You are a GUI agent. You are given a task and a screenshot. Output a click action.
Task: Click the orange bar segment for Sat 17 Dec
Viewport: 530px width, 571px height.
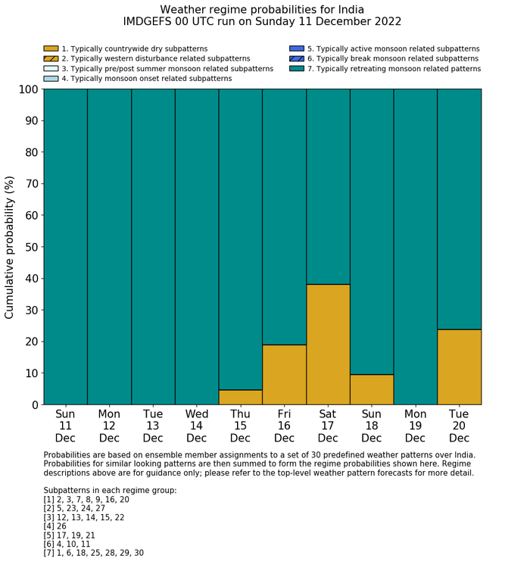[x=328, y=345]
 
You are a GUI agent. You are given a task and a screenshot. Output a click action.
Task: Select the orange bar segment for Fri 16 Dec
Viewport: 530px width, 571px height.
[x=284, y=375]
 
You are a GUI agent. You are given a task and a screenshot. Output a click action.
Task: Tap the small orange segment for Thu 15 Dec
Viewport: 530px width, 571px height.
[x=240, y=398]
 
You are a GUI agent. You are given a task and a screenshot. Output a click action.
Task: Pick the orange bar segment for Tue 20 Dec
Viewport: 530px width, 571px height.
[x=459, y=367]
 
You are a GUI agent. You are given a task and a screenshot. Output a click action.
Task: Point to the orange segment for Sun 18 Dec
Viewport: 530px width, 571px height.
[x=372, y=390]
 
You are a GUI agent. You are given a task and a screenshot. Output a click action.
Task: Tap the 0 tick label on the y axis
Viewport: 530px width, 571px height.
[x=34, y=405]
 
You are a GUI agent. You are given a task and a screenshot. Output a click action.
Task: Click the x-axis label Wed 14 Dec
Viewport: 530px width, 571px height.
[x=197, y=426]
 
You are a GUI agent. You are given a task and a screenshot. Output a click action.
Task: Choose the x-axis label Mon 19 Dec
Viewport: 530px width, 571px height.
[x=415, y=426]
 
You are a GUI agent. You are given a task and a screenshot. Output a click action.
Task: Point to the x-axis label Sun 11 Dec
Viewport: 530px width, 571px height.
[x=65, y=426]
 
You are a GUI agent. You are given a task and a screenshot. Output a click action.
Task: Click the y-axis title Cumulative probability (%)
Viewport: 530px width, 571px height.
[x=10, y=247]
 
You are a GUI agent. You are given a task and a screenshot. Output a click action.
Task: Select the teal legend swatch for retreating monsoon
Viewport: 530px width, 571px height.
[x=296, y=69]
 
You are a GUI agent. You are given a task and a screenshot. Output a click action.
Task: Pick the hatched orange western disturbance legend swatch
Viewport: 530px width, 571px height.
[x=51, y=59]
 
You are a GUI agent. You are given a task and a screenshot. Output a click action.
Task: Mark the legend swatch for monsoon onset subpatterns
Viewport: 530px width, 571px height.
[x=51, y=79]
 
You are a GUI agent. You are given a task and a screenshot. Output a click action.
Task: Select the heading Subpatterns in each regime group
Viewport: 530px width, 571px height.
[x=110, y=491]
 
